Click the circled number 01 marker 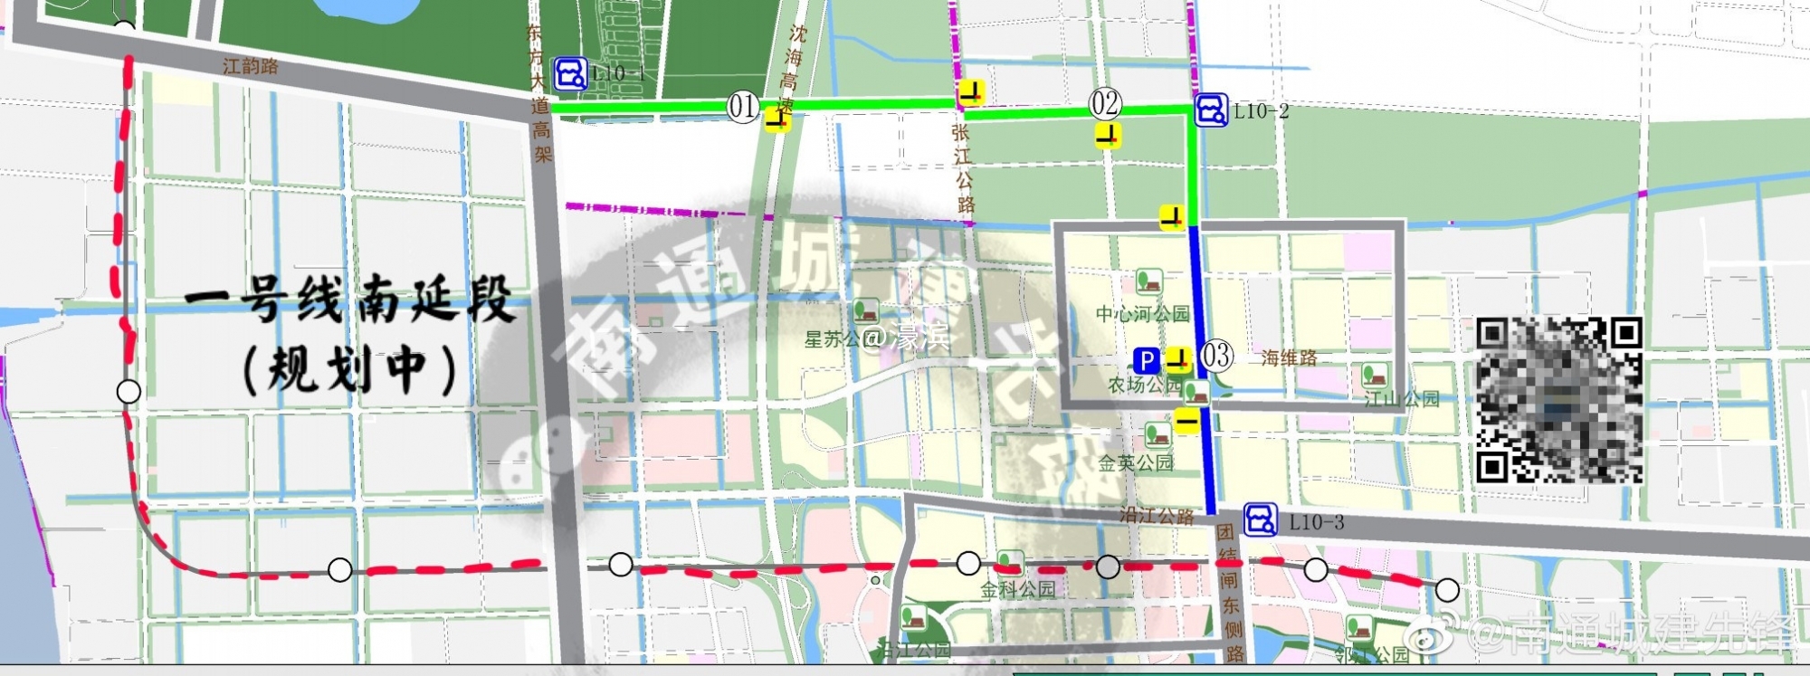[742, 107]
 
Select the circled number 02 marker [1104, 104]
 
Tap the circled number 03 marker [1216, 356]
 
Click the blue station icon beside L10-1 [570, 74]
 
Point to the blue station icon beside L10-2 [1211, 110]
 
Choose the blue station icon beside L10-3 [1260, 519]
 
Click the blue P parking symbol [1147, 361]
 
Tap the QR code [1558, 399]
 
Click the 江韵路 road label [251, 65]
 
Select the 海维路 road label [1289, 358]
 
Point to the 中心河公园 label [1142, 314]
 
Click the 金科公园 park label [1017, 589]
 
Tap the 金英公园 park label [1135, 463]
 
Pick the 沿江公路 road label [1157, 516]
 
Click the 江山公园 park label [1401, 398]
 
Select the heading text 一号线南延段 [349, 300]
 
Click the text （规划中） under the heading [349, 369]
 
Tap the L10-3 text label [1316, 522]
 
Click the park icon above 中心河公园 [1148, 281]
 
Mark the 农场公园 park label [1144, 386]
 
